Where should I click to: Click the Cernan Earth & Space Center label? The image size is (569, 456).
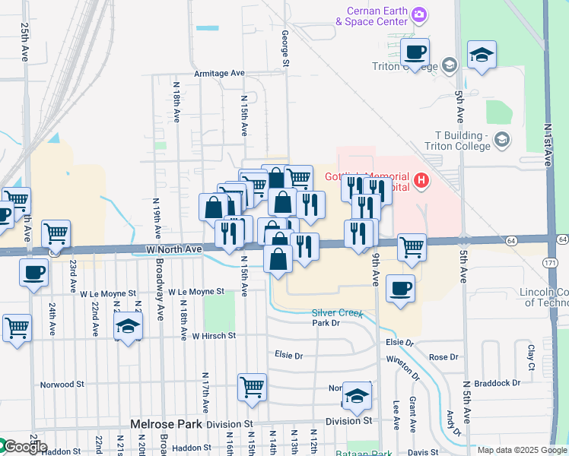click(372, 16)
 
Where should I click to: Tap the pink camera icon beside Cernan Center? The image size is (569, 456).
click(418, 14)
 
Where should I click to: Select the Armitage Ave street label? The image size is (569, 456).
click(219, 73)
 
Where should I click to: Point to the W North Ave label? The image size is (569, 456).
click(173, 249)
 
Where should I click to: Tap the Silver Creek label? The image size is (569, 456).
click(336, 313)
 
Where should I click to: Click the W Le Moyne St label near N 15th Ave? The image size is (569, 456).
click(195, 291)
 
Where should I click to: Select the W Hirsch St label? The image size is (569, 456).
click(214, 335)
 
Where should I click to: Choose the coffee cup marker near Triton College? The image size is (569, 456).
click(415, 52)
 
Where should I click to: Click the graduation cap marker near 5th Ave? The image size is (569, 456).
click(481, 55)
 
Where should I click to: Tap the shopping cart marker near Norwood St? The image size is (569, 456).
click(252, 388)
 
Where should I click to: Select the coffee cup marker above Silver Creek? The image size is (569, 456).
click(400, 289)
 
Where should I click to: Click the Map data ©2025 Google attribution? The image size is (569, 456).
click(522, 450)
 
